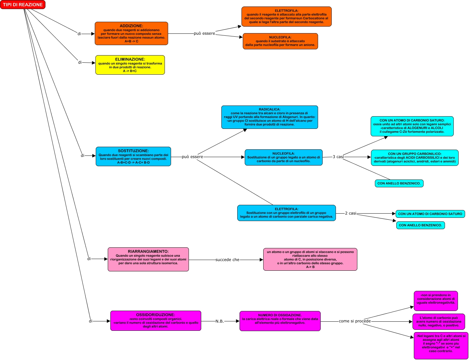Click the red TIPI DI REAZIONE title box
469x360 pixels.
point(23,5)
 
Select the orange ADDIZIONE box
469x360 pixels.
point(131,33)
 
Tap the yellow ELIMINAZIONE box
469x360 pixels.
point(130,65)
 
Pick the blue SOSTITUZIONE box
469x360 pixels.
point(133,156)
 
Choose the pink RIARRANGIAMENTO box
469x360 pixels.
point(148,259)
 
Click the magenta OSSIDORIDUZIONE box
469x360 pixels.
point(155,321)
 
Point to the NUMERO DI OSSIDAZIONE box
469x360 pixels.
point(280,321)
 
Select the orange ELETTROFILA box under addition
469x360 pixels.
point(286,17)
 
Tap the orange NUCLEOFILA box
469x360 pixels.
point(280,41)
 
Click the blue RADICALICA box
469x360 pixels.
point(269,117)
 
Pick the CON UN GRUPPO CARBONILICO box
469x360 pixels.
point(414,157)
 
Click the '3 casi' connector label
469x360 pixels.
point(338,157)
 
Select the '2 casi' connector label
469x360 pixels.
point(351,213)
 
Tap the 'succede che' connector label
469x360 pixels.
point(227,260)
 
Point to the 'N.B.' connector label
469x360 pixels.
point(220,321)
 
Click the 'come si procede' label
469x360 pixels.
point(354,321)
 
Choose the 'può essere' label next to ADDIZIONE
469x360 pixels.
point(204,33)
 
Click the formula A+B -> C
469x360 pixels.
point(131,41)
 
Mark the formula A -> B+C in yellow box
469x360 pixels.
point(130,71)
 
